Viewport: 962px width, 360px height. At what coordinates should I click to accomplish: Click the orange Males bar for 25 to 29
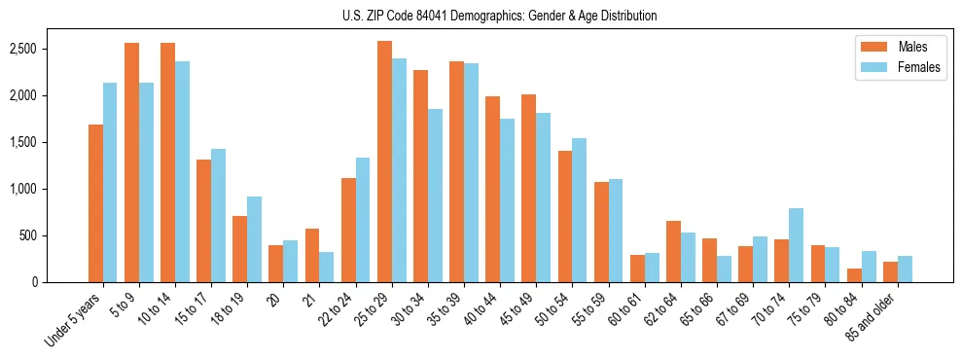(x=384, y=162)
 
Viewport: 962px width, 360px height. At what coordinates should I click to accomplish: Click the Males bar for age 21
(x=312, y=255)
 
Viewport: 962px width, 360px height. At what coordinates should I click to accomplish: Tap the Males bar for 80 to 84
(x=854, y=275)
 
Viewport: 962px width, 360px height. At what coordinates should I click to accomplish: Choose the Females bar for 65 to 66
(x=724, y=269)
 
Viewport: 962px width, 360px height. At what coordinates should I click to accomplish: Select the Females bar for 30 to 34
(x=435, y=196)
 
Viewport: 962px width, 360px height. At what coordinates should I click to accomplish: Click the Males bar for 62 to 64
(x=673, y=251)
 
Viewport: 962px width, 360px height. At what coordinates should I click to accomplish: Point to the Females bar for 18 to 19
(x=254, y=239)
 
